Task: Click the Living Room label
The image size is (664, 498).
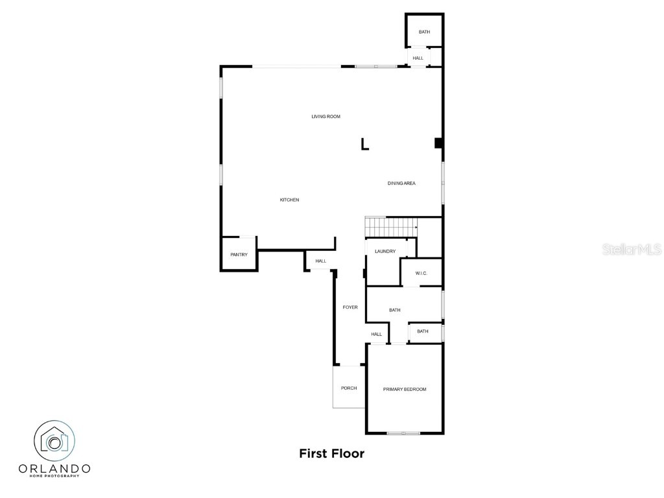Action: click(x=326, y=117)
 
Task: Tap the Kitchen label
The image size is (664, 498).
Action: click(x=289, y=200)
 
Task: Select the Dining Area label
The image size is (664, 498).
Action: click(x=401, y=184)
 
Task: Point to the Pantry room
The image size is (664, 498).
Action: click(x=239, y=254)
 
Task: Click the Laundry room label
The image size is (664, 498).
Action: click(x=385, y=252)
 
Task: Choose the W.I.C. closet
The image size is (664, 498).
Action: click(x=421, y=273)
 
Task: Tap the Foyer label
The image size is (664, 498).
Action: click(x=350, y=307)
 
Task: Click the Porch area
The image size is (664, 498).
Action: click(x=349, y=388)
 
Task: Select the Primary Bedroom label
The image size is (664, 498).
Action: click(x=405, y=389)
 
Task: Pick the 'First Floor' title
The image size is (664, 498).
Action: click(x=331, y=454)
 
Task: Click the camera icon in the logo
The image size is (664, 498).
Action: click(x=54, y=442)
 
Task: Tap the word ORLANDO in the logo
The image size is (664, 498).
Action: click(x=54, y=468)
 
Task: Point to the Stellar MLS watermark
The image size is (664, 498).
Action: click(x=632, y=249)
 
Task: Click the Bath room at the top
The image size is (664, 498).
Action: click(x=424, y=32)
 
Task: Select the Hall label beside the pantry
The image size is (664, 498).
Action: click(x=321, y=261)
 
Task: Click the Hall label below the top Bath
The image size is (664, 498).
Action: click(x=418, y=58)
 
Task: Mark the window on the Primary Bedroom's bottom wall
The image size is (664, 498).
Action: click(x=403, y=433)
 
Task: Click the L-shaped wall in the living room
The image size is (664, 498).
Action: click(x=364, y=145)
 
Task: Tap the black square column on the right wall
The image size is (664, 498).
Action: click(x=439, y=143)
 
